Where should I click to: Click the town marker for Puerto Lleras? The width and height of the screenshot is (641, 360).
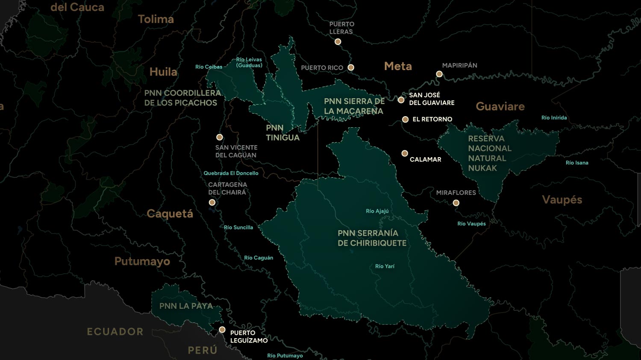tap(338, 42)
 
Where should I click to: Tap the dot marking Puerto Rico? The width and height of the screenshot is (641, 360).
tap(351, 67)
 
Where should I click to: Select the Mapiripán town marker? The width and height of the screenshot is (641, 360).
tap(439, 74)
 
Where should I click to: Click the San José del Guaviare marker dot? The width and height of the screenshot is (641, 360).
tap(401, 100)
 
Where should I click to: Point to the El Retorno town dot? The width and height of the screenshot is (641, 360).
tap(405, 120)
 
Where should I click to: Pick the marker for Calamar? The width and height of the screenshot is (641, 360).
tap(405, 153)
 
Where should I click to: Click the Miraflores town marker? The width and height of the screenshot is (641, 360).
tap(456, 203)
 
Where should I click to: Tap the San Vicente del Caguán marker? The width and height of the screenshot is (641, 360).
tap(219, 138)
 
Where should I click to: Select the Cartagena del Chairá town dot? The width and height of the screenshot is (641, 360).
tap(212, 202)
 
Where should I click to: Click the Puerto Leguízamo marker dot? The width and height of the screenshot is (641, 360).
tap(222, 330)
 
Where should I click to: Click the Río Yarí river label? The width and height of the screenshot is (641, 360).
tap(385, 266)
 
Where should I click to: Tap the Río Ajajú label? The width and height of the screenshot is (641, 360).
tap(377, 211)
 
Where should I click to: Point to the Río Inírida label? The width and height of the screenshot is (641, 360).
tap(554, 118)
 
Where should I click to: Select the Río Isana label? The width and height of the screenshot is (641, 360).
tap(577, 163)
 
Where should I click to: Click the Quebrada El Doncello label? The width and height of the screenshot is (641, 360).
tap(231, 173)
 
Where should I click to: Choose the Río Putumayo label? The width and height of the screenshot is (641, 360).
tap(285, 356)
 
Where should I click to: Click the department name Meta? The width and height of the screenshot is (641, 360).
tap(398, 66)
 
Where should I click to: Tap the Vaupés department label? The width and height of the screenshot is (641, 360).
tap(562, 200)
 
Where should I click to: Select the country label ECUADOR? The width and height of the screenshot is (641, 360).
tap(115, 332)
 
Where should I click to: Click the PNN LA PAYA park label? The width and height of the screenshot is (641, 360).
tap(186, 306)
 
